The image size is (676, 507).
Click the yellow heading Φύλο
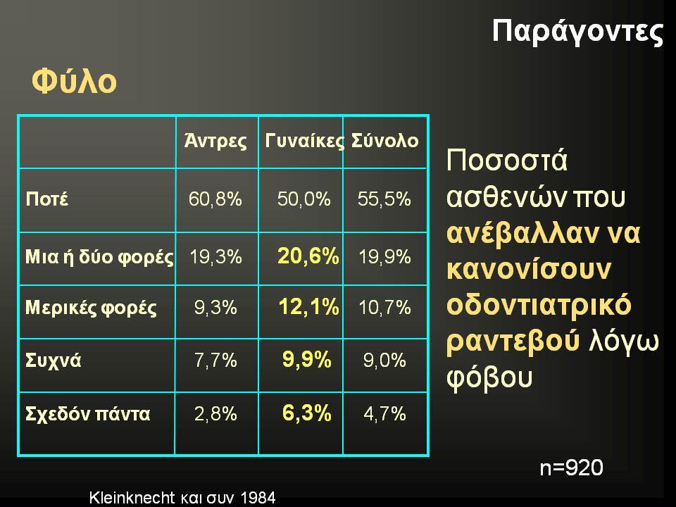[x=74, y=80]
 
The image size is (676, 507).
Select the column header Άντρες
[x=215, y=140]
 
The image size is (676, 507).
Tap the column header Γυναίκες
[x=305, y=141]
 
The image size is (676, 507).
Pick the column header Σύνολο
[x=384, y=140]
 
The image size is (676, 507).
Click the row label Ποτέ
[x=47, y=199]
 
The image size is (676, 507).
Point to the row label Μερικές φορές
[x=91, y=308]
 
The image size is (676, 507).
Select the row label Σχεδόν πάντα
[x=88, y=414]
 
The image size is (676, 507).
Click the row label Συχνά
[x=54, y=361]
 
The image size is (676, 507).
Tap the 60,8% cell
[x=215, y=199]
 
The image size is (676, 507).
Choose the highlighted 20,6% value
[x=308, y=256]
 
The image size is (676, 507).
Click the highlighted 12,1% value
[x=308, y=307]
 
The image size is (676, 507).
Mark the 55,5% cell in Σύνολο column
[x=384, y=199]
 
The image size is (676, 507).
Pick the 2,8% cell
[x=215, y=414]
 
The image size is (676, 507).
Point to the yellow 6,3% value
[x=306, y=413]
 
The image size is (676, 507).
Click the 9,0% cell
[x=384, y=360]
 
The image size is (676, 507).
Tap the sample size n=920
[x=571, y=468]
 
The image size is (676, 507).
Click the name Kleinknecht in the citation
[x=132, y=498]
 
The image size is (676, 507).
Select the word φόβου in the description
[x=489, y=377]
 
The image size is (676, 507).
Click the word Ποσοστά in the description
[x=507, y=160]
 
